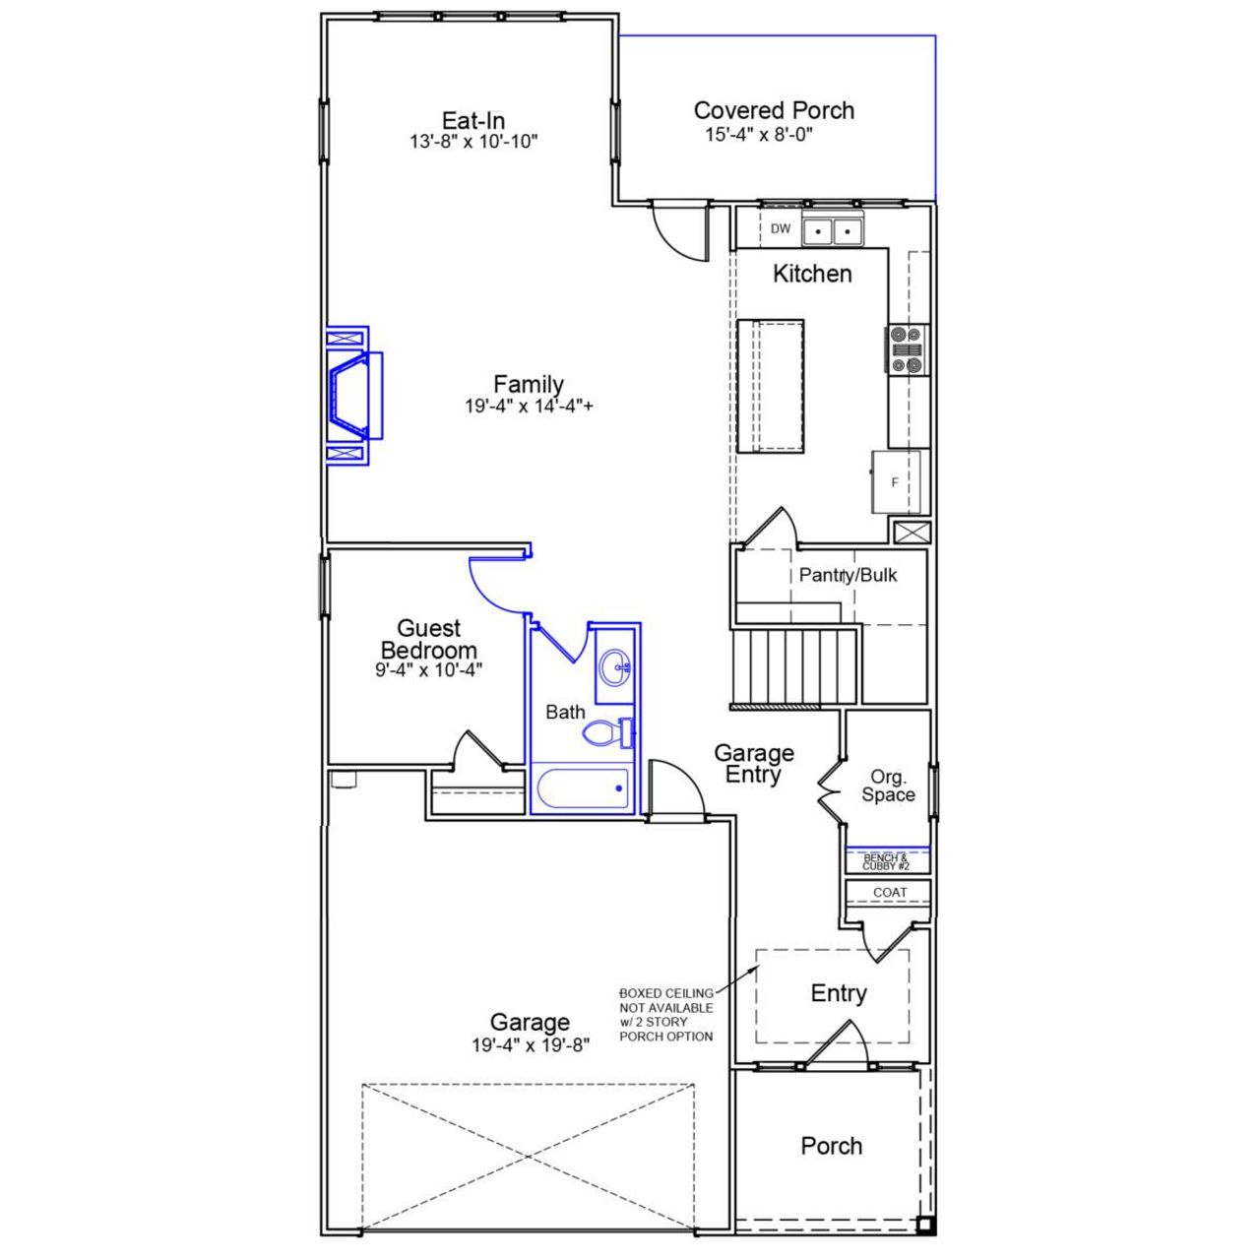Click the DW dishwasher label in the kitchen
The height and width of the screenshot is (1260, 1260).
tap(781, 229)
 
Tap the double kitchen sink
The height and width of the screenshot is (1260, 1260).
tap(833, 231)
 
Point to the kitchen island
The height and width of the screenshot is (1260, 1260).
tap(771, 386)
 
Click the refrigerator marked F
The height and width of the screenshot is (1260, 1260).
tap(896, 482)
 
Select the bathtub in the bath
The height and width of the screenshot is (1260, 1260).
tap(584, 788)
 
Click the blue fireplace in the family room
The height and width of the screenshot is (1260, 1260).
tap(352, 395)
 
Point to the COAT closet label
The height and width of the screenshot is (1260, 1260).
tap(890, 893)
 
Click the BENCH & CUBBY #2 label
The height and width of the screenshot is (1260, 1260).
tap(885, 862)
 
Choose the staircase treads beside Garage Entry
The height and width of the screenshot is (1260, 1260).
tap(796, 666)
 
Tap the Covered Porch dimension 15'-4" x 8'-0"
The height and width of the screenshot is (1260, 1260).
tap(758, 135)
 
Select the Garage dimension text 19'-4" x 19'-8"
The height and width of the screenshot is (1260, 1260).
tap(530, 1046)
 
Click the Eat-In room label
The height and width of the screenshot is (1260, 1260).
tap(473, 120)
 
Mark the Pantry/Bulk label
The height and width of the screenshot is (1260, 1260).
tap(848, 575)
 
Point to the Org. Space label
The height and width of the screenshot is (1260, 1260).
tap(888, 787)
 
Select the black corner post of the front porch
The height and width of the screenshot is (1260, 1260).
tap(924, 1226)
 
